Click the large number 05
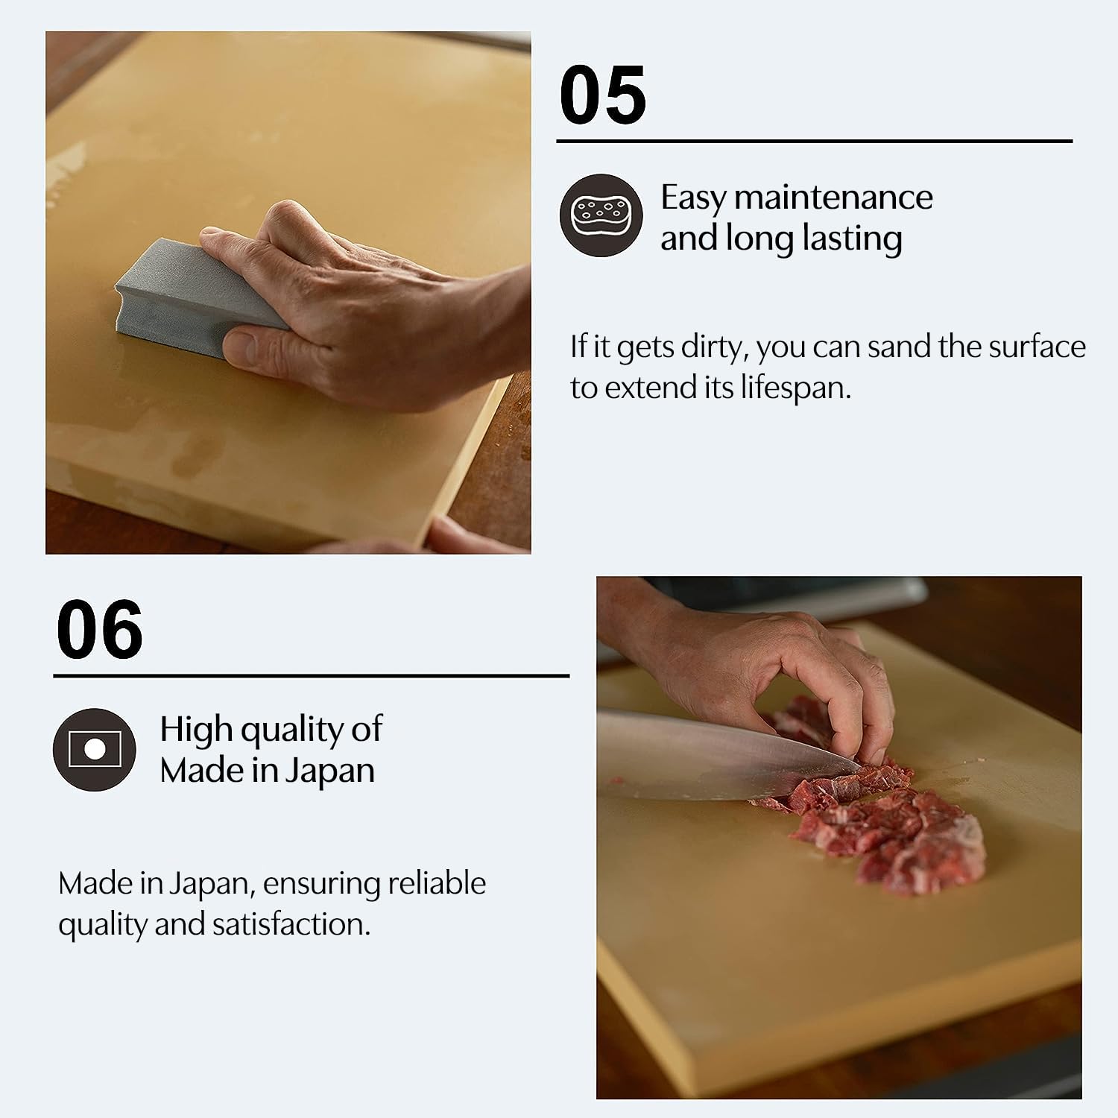coord(602,95)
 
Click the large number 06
coord(99,630)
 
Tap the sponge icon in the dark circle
coord(601,215)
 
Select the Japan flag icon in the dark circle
coord(95,749)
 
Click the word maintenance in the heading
coord(833,198)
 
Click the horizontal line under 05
coord(814,141)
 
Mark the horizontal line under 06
coord(311,676)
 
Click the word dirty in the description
coord(708,347)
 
